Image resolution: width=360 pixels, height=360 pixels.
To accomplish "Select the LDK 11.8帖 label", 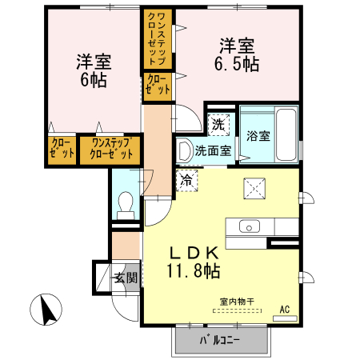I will (194, 260).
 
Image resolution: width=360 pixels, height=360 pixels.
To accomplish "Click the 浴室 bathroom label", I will (258, 136).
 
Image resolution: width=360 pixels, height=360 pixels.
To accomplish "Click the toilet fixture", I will (125, 206).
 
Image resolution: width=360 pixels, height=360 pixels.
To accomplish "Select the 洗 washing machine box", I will (218, 124).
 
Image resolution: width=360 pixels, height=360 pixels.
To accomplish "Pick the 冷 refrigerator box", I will (186, 181).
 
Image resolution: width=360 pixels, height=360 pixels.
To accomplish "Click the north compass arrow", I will (46, 307).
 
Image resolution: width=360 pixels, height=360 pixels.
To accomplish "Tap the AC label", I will (284, 309).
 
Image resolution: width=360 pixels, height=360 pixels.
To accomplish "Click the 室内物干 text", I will (237, 302).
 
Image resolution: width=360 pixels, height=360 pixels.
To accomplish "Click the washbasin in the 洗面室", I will (184, 150).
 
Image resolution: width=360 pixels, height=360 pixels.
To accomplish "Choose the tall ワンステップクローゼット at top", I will (155, 38).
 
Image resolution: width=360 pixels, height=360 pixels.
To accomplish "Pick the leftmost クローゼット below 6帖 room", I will (62, 150).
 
